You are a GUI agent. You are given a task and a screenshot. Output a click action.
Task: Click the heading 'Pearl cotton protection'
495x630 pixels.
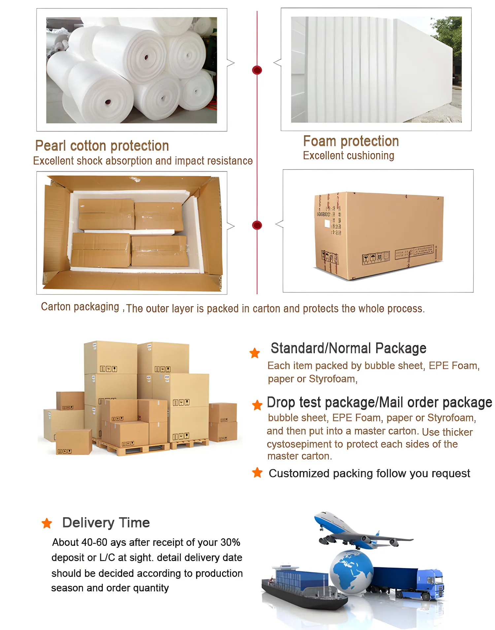pos(102,146)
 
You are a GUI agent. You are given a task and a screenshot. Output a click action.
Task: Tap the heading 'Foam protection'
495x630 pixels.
pos(351,141)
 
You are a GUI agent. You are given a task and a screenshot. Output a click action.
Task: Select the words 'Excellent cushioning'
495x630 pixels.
pos(348,156)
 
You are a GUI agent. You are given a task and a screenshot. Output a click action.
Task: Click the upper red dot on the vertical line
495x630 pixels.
pos(257,70)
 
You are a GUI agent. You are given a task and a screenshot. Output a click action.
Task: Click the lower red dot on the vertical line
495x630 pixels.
pos(257,225)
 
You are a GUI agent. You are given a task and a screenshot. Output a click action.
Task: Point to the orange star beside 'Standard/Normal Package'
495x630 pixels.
pos(254,353)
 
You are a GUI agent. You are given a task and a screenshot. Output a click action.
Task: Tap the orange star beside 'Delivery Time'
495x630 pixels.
pos(47,523)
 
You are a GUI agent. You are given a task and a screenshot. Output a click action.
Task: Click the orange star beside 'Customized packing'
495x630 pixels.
pos(257,473)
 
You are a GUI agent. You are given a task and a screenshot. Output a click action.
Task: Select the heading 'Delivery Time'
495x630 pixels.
pos(106,523)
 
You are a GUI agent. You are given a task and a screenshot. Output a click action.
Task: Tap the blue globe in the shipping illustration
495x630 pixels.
pos(351,571)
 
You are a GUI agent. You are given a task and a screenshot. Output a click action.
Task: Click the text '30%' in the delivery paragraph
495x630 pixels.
pos(230,543)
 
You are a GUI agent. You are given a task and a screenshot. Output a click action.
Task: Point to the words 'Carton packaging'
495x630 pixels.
pos(80,307)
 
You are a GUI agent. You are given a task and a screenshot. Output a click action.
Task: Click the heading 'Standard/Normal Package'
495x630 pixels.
pos(348,348)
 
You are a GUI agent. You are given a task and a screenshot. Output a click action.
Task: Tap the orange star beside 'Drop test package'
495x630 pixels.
pos(257,405)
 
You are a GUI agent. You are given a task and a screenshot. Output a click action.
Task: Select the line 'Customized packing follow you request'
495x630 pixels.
pos(369,473)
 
